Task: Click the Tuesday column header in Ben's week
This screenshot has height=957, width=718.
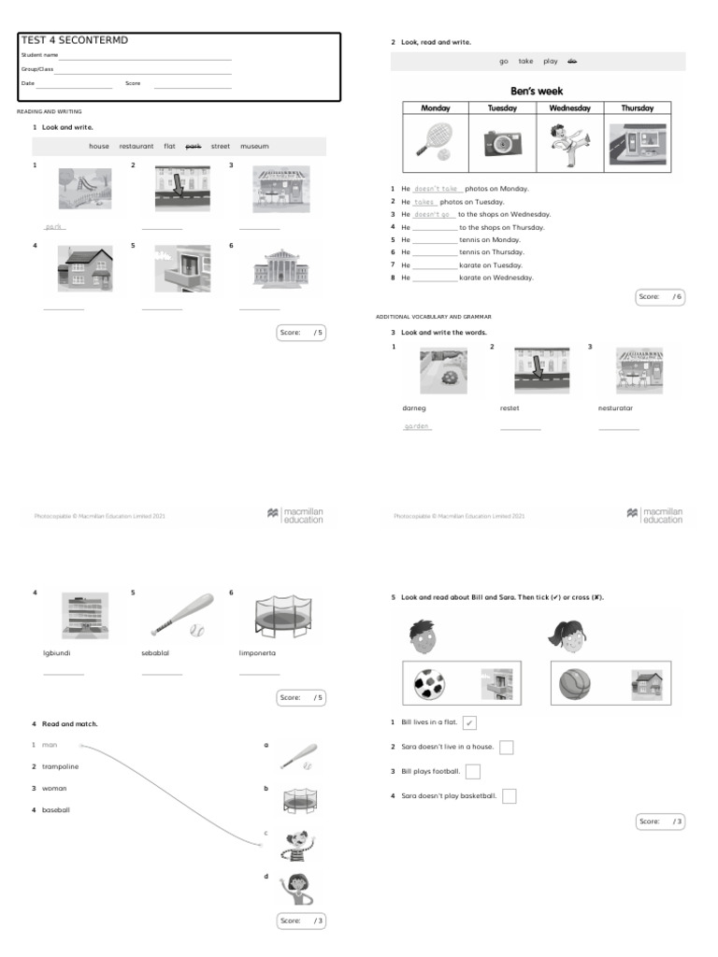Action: click(502, 108)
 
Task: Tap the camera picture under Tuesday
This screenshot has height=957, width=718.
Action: click(502, 143)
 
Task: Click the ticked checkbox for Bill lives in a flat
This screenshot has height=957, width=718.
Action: click(469, 722)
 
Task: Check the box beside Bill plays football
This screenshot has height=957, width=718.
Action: click(473, 771)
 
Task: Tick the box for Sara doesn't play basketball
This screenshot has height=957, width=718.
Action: click(510, 796)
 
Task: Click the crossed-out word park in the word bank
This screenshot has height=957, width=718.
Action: click(194, 147)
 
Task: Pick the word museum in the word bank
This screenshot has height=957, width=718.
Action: click(254, 147)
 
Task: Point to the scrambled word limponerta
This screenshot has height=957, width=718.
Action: click(259, 653)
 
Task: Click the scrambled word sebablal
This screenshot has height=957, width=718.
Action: click(156, 653)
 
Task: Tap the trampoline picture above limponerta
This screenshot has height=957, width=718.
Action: click(280, 617)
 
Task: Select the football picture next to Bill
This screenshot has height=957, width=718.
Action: click(433, 686)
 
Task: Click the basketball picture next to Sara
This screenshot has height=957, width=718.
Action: click(576, 686)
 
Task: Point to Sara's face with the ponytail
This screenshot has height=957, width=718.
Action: click(567, 637)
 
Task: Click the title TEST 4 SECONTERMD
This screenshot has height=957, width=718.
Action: click(74, 40)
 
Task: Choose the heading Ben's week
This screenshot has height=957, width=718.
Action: click(538, 91)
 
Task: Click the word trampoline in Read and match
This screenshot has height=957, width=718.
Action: click(60, 766)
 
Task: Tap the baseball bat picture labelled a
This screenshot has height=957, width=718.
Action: click(299, 756)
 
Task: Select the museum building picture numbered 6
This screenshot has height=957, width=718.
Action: click(280, 268)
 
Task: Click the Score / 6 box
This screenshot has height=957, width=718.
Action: click(661, 297)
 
